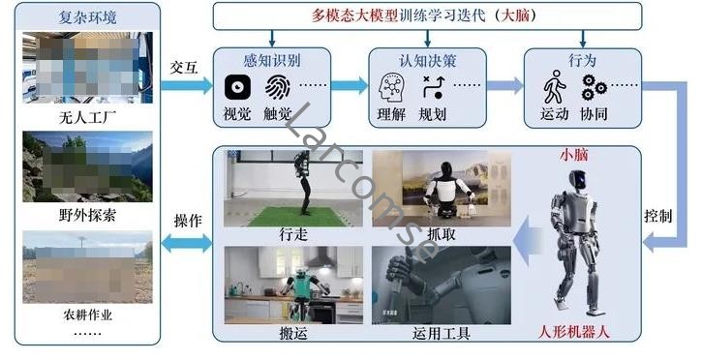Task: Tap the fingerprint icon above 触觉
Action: [278, 88]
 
